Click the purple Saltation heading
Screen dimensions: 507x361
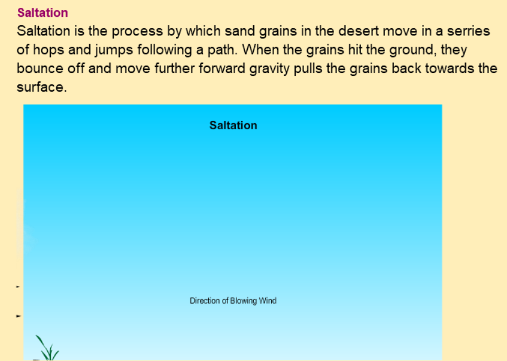coord(42,13)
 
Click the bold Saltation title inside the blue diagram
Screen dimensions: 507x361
coord(233,125)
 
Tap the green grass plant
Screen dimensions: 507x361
coord(47,348)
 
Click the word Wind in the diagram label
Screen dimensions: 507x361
coord(268,301)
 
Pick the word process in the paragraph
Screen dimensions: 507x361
coord(137,32)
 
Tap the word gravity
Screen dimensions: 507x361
coord(269,69)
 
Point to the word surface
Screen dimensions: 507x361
coord(42,87)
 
